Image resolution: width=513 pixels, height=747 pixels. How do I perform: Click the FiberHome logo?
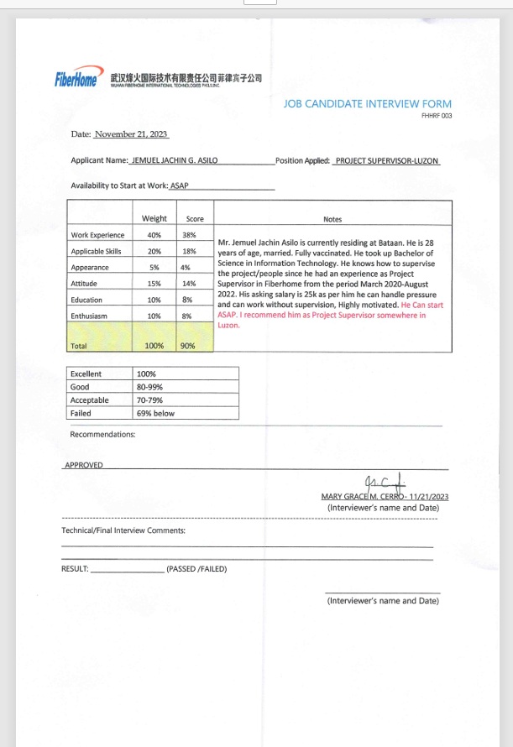pos(78,80)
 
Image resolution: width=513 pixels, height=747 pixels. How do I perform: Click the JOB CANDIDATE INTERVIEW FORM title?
pos(368,104)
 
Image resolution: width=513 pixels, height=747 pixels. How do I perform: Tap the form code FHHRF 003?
pos(436,116)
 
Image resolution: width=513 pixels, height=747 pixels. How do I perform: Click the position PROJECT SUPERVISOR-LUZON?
pos(386,160)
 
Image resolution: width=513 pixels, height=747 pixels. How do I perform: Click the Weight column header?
pos(154,219)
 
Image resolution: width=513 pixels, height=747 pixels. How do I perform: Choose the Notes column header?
pos(332,219)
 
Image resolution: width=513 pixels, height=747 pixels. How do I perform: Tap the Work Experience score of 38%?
pos(189,235)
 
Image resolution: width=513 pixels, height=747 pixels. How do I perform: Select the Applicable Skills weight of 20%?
pos(154,251)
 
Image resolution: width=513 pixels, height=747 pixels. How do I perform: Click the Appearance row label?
pos(90,268)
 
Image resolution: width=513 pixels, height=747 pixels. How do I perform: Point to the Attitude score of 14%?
pos(188,284)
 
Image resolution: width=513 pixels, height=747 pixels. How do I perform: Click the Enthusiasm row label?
pos(91,316)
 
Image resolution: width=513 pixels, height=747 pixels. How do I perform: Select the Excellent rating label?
pos(86,373)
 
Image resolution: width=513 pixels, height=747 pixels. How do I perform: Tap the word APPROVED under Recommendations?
pos(84,465)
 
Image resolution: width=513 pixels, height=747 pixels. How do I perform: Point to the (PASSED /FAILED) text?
pos(196,568)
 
